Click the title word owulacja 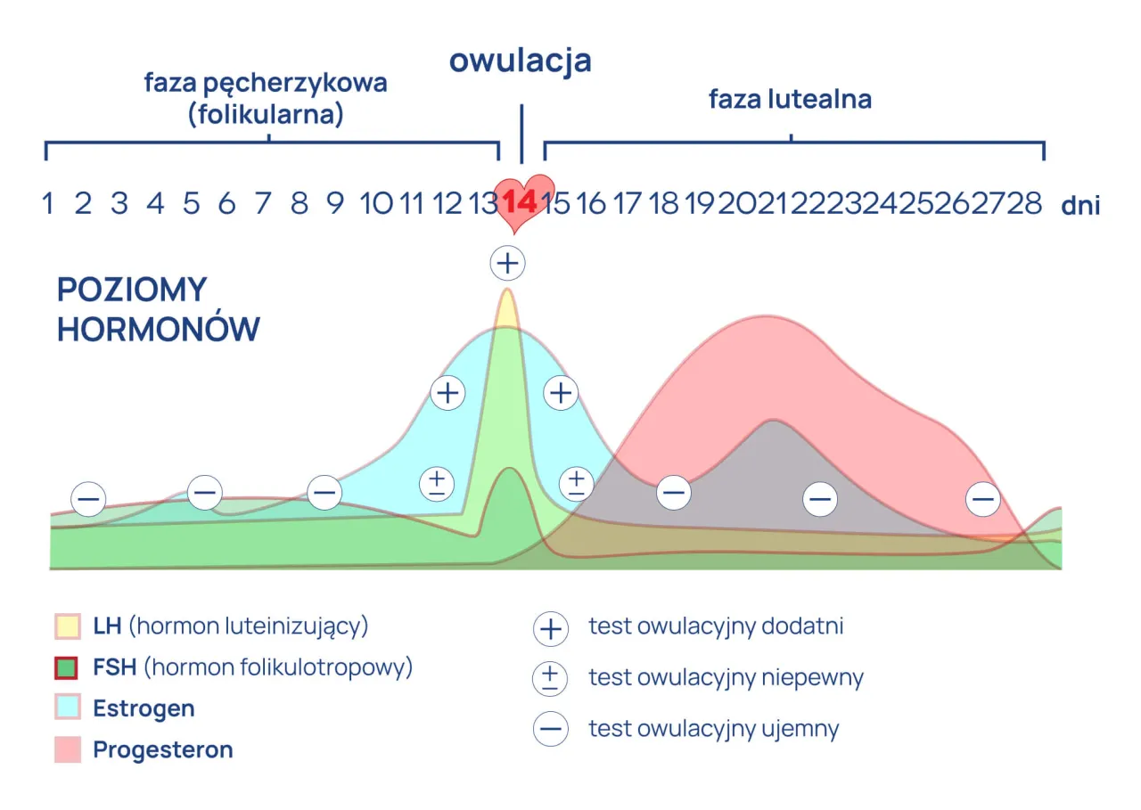tap(520, 61)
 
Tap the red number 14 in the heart tap(520, 201)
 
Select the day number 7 tap(263, 204)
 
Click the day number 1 tap(47, 204)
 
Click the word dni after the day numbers tap(1080, 206)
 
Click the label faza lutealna tap(790, 99)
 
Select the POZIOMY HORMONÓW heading tap(158, 309)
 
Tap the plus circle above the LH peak tap(507, 263)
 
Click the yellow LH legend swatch tap(68, 626)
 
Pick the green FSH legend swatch tap(68, 667)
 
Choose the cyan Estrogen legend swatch tap(68, 708)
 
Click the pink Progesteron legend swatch tap(68, 749)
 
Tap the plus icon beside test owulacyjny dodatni tap(550, 628)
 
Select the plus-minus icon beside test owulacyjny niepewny tap(550, 678)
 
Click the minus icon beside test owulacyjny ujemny tap(550, 729)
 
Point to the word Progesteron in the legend tap(163, 750)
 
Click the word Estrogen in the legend tap(144, 709)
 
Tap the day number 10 tap(375, 204)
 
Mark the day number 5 tap(191, 204)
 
